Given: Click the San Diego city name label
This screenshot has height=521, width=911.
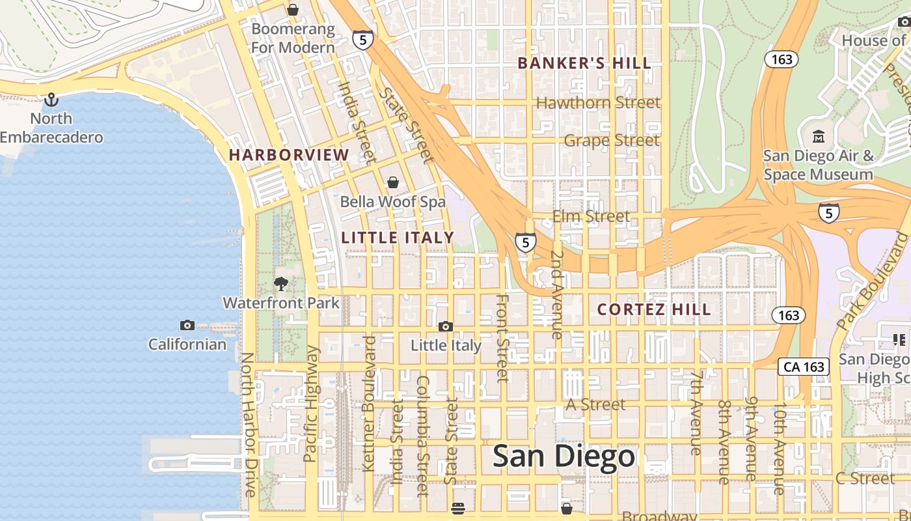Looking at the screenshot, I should click(564, 456).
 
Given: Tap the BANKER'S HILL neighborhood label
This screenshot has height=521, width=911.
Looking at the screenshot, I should click(584, 63).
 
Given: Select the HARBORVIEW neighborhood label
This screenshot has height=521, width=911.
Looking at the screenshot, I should click(289, 155).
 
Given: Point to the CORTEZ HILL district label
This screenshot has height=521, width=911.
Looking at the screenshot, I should click(654, 309).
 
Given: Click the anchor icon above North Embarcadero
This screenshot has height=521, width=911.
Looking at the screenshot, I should click(51, 100).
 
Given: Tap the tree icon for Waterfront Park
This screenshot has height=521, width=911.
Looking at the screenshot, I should click(281, 283).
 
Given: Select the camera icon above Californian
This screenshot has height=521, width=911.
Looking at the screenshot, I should click(187, 325).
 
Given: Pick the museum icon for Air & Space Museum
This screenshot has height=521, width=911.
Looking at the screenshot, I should click(818, 137).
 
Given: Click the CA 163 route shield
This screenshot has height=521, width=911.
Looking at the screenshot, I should click(804, 367).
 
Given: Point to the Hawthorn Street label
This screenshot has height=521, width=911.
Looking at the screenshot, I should click(598, 103).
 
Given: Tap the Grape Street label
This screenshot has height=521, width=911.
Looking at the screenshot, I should click(612, 141).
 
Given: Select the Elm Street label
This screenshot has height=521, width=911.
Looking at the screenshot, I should click(591, 216).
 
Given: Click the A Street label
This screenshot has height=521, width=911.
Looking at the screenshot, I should click(595, 405).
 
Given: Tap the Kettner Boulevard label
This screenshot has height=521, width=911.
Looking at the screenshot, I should click(368, 404).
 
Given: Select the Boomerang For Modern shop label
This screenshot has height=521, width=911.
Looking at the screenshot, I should click(293, 38).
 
